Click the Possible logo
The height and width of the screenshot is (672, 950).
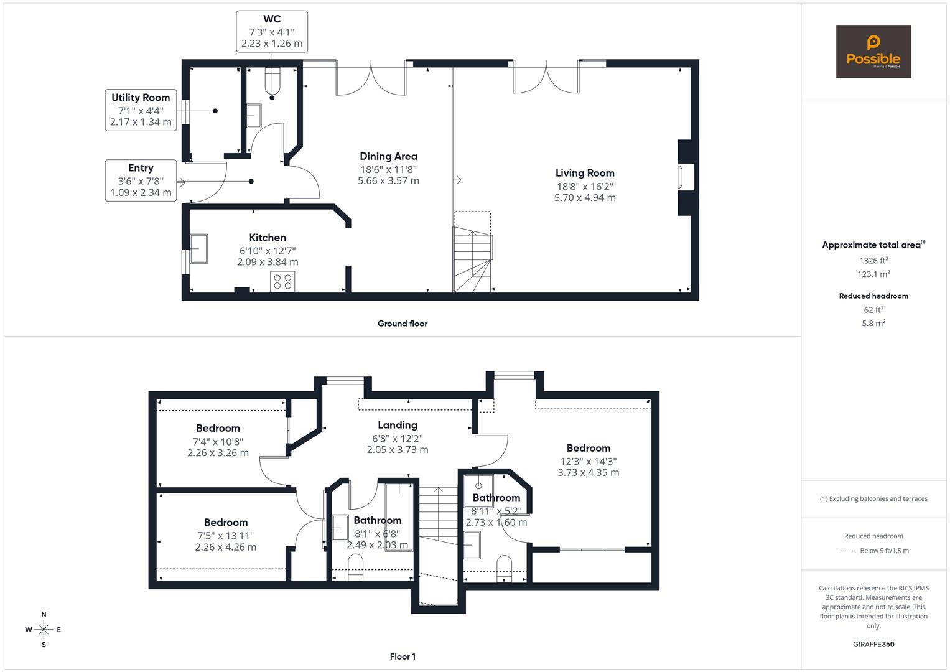point(873,52)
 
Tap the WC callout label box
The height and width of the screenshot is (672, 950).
point(272,31)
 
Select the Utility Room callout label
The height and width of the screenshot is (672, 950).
point(141,110)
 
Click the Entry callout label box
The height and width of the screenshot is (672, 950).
point(141,180)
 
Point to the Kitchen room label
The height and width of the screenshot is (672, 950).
point(268,238)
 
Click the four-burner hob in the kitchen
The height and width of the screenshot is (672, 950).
point(282,281)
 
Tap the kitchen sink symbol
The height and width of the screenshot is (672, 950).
point(199,248)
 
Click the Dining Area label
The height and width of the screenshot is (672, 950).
point(388,156)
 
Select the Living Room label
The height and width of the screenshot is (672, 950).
point(585,173)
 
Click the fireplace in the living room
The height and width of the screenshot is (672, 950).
point(686,177)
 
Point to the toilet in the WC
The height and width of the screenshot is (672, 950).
point(272,82)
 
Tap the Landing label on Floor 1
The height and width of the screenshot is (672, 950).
point(398,425)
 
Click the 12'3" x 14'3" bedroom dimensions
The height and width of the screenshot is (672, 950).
point(589,467)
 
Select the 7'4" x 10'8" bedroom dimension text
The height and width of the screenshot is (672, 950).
point(218,447)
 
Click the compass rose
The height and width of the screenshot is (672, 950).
point(44,630)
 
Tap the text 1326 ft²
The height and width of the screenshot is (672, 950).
point(873,261)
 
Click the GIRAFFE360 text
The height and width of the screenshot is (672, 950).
point(873,645)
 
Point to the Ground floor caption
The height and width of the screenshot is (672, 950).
point(403,324)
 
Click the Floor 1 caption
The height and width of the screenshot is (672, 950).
point(403,656)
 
